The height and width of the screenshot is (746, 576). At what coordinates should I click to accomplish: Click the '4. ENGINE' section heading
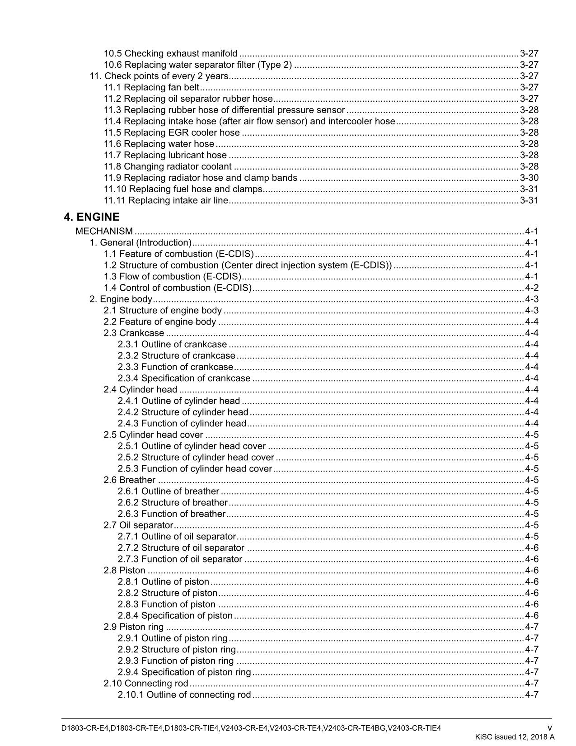coord(92,217)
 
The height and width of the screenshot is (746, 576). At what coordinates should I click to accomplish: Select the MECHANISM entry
coord(104,231)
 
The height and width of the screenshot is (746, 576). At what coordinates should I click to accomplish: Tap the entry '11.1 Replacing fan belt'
coord(151,87)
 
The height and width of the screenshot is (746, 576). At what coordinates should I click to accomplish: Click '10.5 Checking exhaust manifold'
coord(170,53)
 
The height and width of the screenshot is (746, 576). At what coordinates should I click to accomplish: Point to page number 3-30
coord(529,178)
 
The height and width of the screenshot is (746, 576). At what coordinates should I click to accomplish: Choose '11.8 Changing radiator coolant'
coord(168,166)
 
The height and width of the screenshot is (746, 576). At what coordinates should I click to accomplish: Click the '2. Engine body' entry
coord(121,299)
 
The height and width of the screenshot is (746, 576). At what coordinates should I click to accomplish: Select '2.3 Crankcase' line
coord(134,333)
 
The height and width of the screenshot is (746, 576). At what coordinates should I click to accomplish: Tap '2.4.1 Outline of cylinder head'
coord(179,401)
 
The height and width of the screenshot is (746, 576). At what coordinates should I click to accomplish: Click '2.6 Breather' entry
coord(129,480)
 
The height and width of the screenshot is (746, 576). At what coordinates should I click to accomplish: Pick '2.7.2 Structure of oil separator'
coord(181,548)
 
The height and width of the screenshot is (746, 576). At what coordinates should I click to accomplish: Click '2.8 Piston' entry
coord(124,570)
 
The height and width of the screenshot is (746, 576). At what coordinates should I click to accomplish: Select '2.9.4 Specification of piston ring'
coord(184,672)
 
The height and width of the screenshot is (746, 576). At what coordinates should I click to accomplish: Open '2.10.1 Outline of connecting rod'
coord(184,694)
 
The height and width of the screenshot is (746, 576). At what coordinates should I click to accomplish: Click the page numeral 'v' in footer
coord(549,728)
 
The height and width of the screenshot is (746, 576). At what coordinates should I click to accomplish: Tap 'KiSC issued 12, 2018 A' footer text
coord(514,737)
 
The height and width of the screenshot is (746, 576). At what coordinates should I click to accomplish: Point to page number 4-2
coord(532,288)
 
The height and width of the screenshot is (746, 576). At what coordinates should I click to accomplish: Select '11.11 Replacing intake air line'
coord(166,200)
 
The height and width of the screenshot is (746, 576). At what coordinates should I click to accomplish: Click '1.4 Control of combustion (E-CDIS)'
coord(178,288)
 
